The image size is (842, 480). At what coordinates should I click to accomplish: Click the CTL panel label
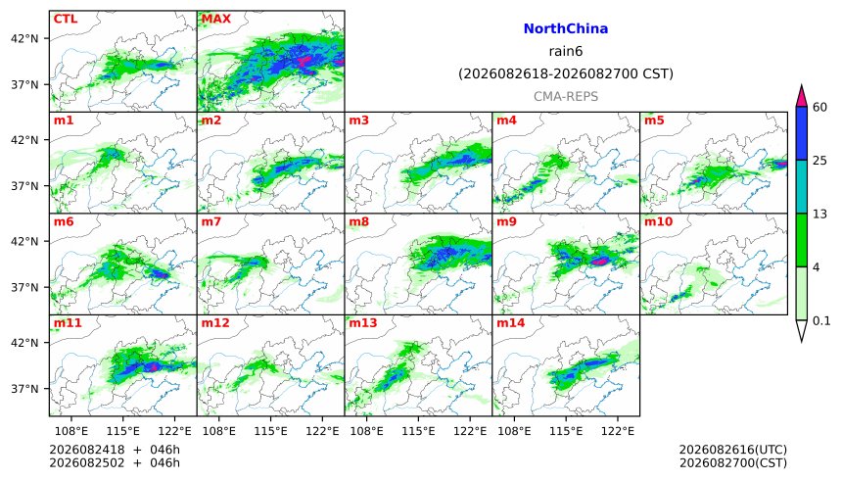[x=66, y=19]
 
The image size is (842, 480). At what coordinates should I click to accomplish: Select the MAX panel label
[x=215, y=19]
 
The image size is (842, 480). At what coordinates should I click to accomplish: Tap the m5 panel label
[x=654, y=120]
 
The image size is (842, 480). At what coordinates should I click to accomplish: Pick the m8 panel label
[x=358, y=221]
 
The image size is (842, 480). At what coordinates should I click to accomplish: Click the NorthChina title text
[x=566, y=28]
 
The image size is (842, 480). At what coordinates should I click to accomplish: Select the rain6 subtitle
[x=566, y=51]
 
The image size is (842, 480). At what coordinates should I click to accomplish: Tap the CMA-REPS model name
[x=566, y=96]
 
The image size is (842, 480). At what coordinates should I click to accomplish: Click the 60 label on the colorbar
[x=819, y=107]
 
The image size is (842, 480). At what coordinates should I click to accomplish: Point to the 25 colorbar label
[x=819, y=161]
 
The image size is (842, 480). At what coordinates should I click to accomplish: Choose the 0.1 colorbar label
[x=821, y=321]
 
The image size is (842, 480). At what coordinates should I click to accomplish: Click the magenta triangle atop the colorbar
[x=801, y=97]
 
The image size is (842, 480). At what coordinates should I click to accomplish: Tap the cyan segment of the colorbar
[x=801, y=186]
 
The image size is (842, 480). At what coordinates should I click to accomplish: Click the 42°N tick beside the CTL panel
[x=24, y=39]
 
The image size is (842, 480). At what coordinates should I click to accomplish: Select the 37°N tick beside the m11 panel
[x=24, y=389]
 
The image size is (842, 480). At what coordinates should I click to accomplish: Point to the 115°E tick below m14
[x=566, y=431]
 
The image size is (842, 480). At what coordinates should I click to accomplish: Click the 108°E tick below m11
[x=71, y=431]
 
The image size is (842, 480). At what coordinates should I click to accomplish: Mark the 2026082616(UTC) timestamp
[x=733, y=450]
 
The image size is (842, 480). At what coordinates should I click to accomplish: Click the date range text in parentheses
[x=566, y=73]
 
